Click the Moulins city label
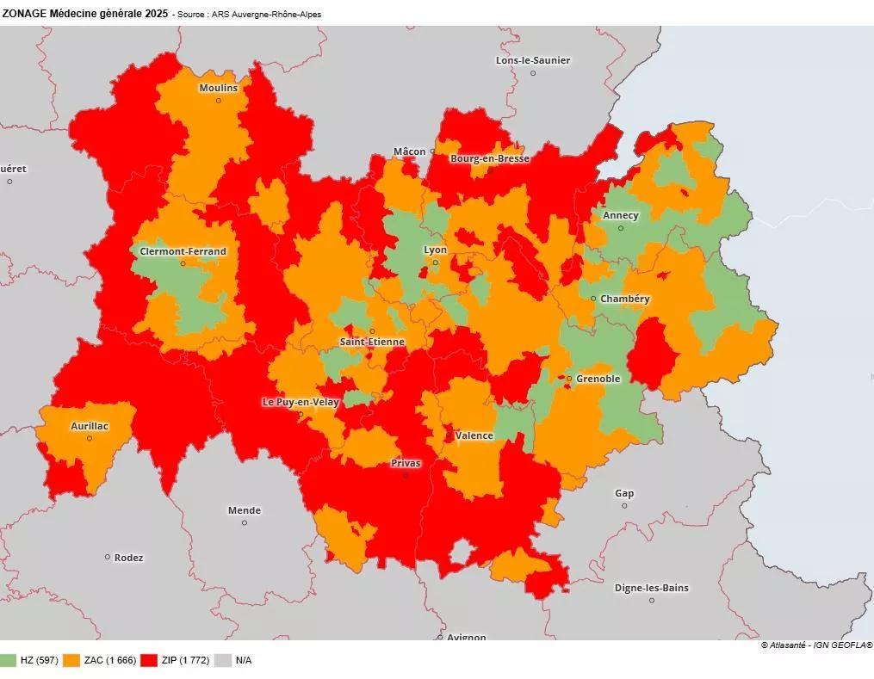pyautogui.click(x=218, y=89)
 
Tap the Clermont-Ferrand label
pyautogui.click(x=183, y=252)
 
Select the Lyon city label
pyautogui.click(x=435, y=250)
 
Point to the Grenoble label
pyautogui.click(x=598, y=379)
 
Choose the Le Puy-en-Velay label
pyautogui.click(x=301, y=402)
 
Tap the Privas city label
pyautogui.click(x=406, y=464)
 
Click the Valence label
pyautogui.click(x=474, y=435)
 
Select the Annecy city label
pyautogui.click(x=621, y=215)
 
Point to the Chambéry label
pyautogui.click(x=625, y=299)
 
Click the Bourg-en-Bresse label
pyautogui.click(x=489, y=159)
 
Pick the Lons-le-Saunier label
pyautogui.click(x=533, y=60)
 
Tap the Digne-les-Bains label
pyautogui.click(x=651, y=589)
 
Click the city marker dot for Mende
pyautogui.click(x=245, y=522)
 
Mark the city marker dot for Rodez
pyautogui.click(x=108, y=557)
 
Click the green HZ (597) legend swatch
pyautogui.click(x=9, y=661)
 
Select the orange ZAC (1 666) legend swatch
pyautogui.click(x=72, y=661)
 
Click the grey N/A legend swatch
pyautogui.click(x=223, y=661)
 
